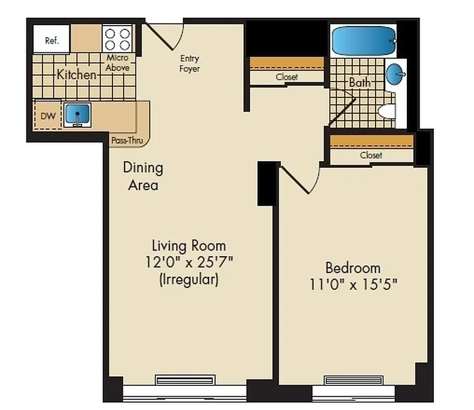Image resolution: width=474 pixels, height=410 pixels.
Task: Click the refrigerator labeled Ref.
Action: pyautogui.click(x=52, y=39)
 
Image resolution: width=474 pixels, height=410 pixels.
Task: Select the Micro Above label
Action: pyautogui.click(x=117, y=63)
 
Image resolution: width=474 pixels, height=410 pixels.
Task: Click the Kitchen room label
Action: pyautogui.click(x=76, y=75)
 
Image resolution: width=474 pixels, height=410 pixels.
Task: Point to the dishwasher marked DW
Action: pyautogui.click(x=47, y=116)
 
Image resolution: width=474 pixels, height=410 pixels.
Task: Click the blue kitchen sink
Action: pyautogui.click(x=77, y=114)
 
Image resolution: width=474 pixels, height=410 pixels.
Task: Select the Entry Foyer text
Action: pyautogui.click(x=189, y=64)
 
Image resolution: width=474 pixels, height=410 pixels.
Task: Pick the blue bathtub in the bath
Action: pyautogui.click(x=364, y=40)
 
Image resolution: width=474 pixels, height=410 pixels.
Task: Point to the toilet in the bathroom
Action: pyautogui.click(x=387, y=111)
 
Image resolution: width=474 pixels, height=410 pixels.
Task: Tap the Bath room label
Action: pyautogui.click(x=360, y=82)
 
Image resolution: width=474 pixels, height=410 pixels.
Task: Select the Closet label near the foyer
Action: pyautogui.click(x=287, y=77)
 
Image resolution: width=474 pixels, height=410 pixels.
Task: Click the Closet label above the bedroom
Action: pyautogui.click(x=371, y=155)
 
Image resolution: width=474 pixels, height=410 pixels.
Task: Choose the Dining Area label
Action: pyautogui.click(x=143, y=176)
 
